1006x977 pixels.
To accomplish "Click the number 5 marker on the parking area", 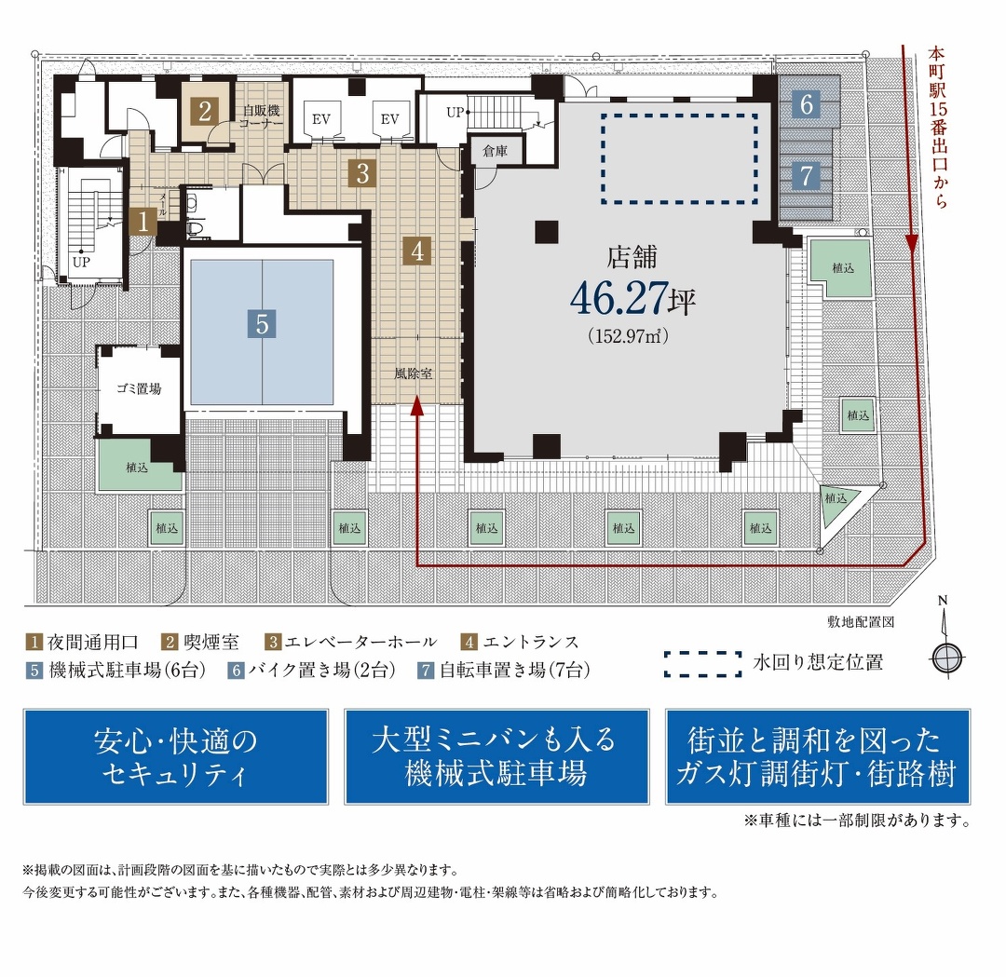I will coord(263,324).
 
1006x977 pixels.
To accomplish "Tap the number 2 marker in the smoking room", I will coord(206,111).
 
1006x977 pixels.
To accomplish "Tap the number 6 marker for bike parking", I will coord(807,104).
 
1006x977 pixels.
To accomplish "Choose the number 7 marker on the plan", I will coord(807,174).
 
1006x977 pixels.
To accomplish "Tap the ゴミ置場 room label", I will coord(139,387).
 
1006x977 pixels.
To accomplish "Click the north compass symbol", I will coord(945,657).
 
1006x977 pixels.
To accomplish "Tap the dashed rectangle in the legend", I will coord(702,663).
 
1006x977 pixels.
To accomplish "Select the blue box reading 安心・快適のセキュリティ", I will coord(175,756).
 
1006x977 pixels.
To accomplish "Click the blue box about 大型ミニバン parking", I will coord(496,756).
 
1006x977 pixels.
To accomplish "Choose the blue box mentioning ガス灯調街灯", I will coord(817,756).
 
